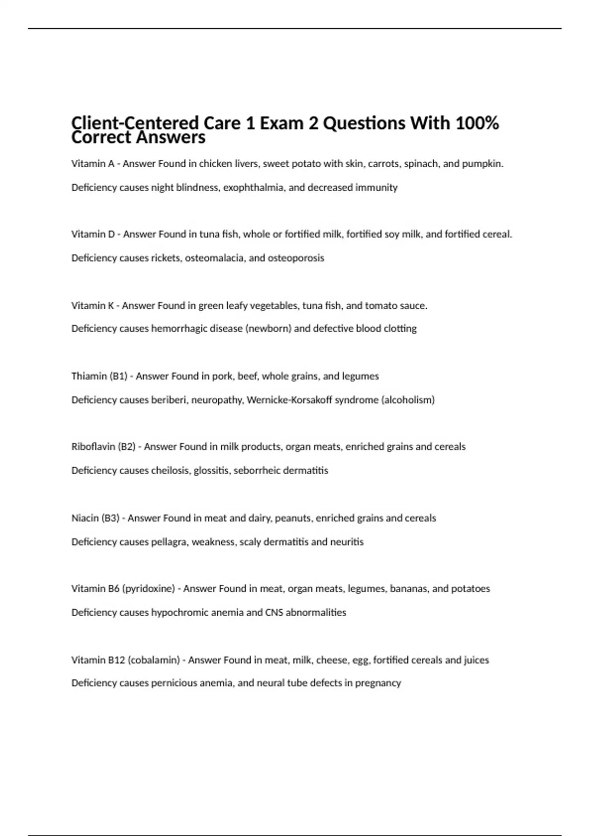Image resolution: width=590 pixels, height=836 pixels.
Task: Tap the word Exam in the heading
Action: tap(282, 123)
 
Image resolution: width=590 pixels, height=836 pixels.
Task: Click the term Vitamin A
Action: tap(92, 164)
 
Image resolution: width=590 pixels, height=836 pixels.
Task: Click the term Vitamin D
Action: tap(93, 234)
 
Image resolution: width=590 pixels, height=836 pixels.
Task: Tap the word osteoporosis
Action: tap(295, 258)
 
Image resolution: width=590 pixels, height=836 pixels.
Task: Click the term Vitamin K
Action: tap(92, 305)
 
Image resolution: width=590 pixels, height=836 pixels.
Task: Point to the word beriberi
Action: tap(169, 400)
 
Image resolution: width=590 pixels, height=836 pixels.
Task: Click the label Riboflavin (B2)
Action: tap(103, 447)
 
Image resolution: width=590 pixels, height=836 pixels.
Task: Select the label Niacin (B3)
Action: tap(95, 518)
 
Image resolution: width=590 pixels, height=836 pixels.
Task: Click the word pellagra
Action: tap(169, 542)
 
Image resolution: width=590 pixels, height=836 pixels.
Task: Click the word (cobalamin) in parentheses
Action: tap(153, 660)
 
